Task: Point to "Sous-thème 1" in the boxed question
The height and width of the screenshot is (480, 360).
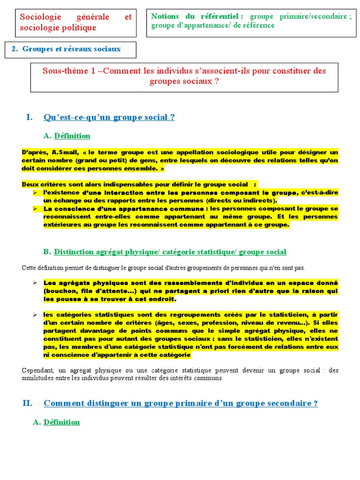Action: pyautogui.click(x=69, y=71)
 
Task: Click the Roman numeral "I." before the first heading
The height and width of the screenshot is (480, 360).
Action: pyautogui.click(x=29, y=117)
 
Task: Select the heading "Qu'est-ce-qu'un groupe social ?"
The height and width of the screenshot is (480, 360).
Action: pyautogui.click(x=109, y=117)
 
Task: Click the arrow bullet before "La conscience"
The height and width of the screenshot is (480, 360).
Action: pyautogui.click(x=35, y=209)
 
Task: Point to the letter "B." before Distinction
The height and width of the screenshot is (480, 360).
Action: pyautogui.click(x=47, y=252)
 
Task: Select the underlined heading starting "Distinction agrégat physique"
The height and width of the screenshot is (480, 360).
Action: pyautogui.click(x=170, y=252)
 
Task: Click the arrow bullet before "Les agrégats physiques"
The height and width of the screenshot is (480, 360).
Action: pyautogui.click(x=35, y=283)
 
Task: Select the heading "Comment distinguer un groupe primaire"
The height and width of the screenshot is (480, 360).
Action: pyautogui.click(x=180, y=403)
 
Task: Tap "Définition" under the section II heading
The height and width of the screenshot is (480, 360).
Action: pyautogui.click(x=61, y=422)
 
